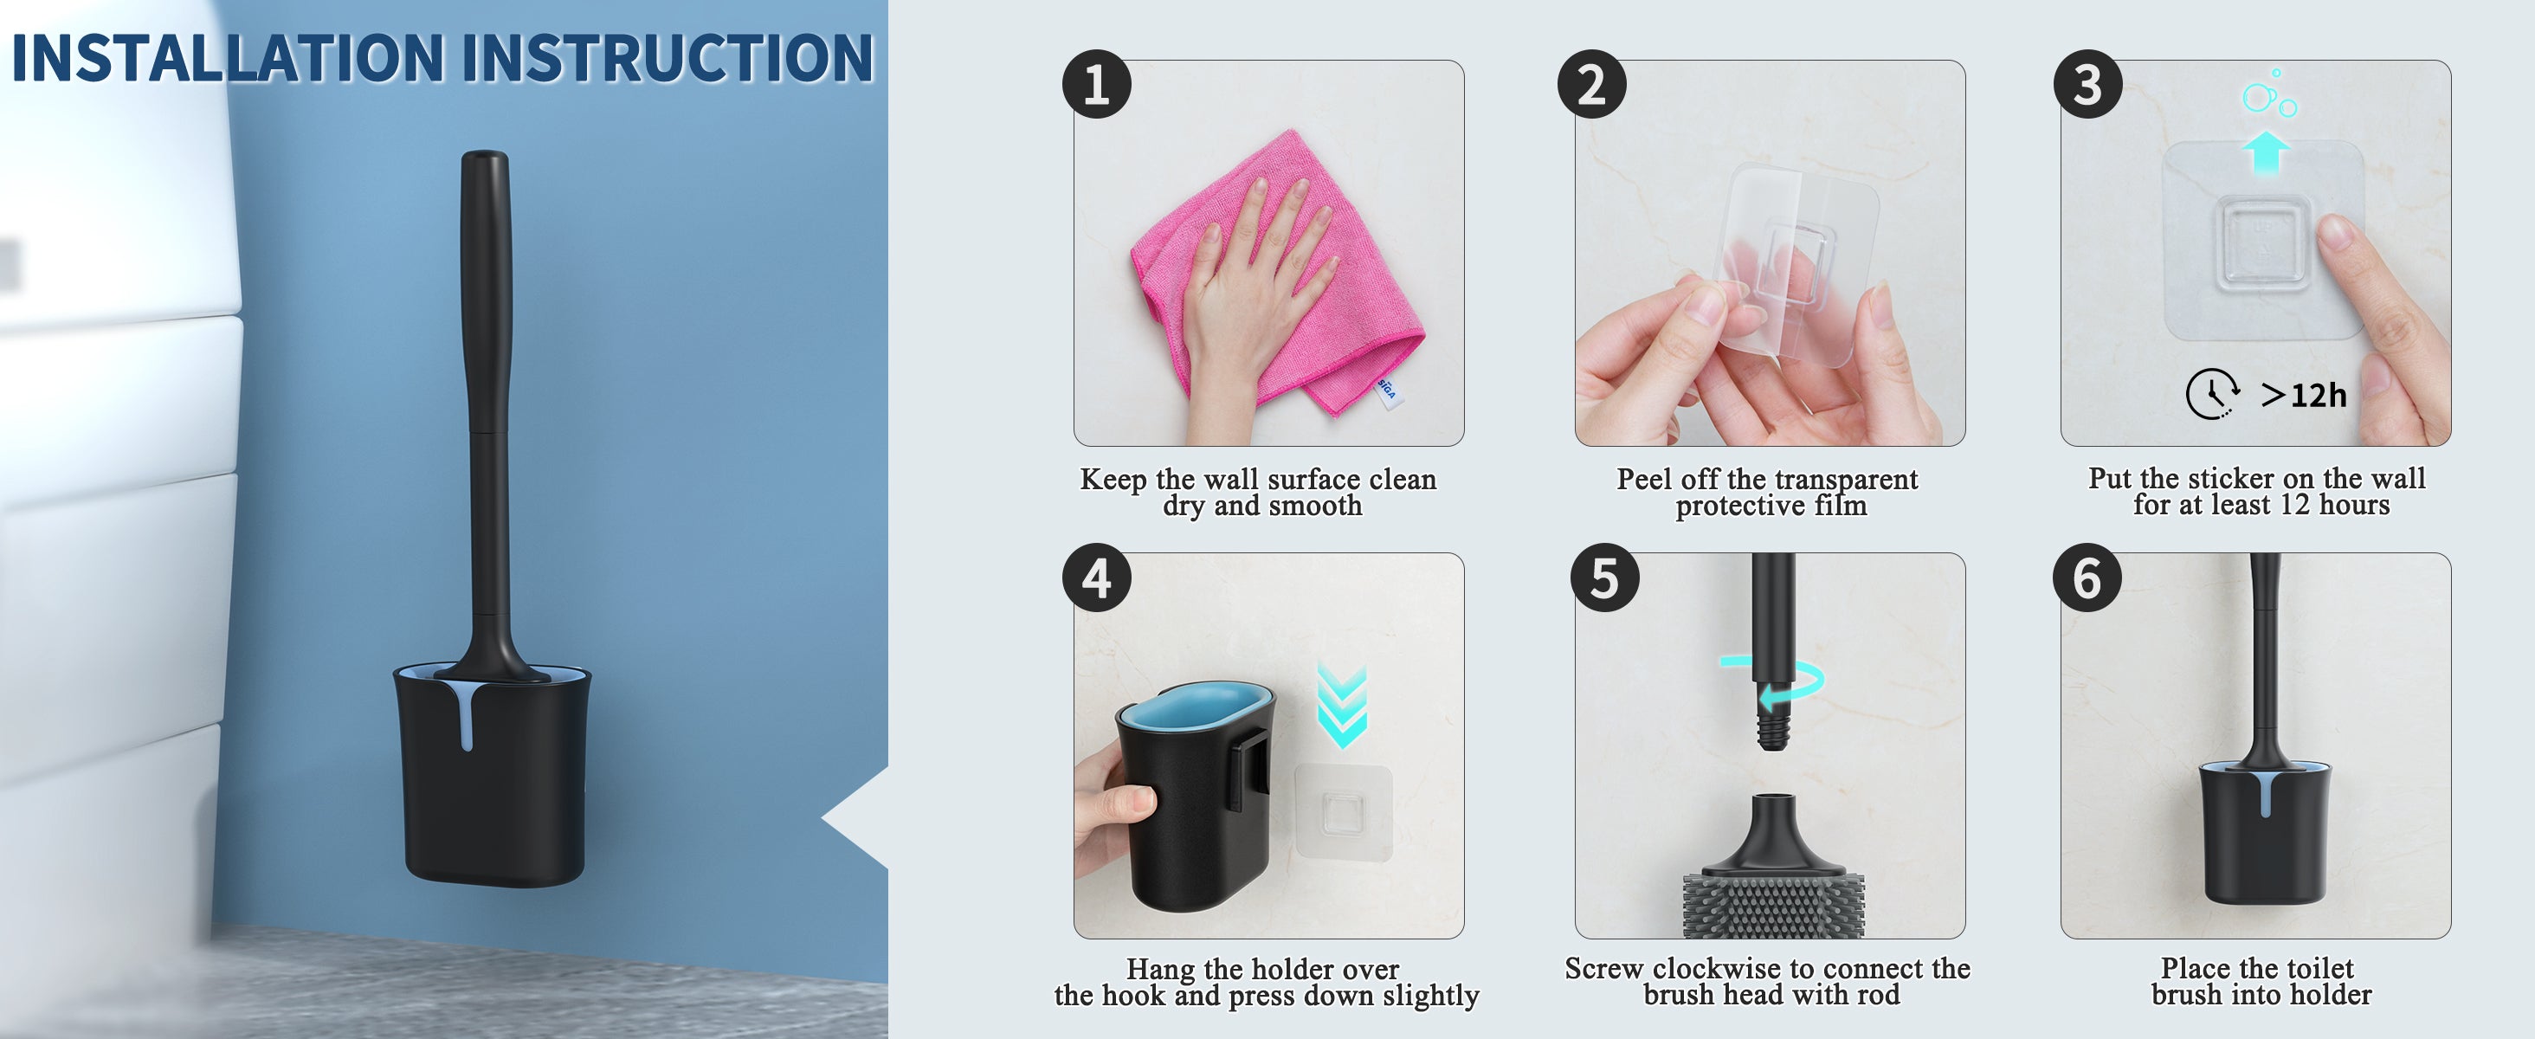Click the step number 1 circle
1096,84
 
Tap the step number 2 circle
1591,84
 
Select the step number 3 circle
2087,84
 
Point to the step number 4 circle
1096,578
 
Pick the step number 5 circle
1605,578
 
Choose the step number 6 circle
2087,578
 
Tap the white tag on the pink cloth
1387,390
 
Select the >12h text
2304,396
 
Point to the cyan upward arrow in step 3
2267,152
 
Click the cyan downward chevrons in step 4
1342,706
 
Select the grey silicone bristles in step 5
1771,904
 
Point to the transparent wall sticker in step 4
1344,812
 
